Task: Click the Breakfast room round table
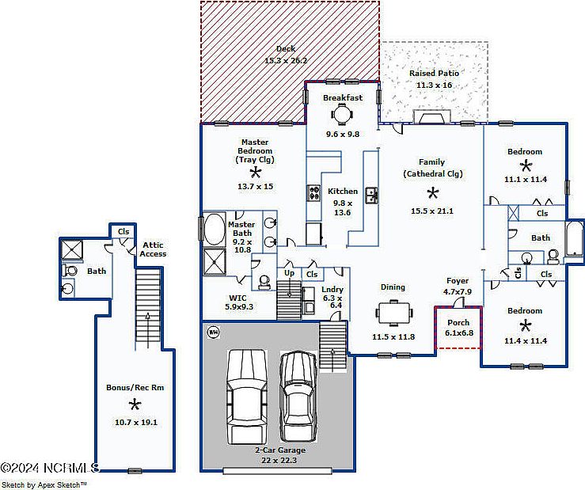coord(342,115)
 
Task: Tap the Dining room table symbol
coord(393,314)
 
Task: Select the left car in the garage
coord(246,397)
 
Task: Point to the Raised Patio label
coord(434,74)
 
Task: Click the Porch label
coord(458,323)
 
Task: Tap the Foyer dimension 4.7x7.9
coord(458,291)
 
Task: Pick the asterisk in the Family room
coord(432,192)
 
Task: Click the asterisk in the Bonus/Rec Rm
coord(135,405)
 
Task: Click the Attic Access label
coord(153,249)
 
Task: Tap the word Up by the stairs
coord(289,273)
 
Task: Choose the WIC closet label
coord(237,298)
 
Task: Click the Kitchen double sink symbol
coord(370,194)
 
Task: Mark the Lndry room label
coord(332,290)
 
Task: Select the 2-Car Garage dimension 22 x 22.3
coord(280,460)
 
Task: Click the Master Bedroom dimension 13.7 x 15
coord(255,186)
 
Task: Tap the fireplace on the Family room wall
coord(432,119)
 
